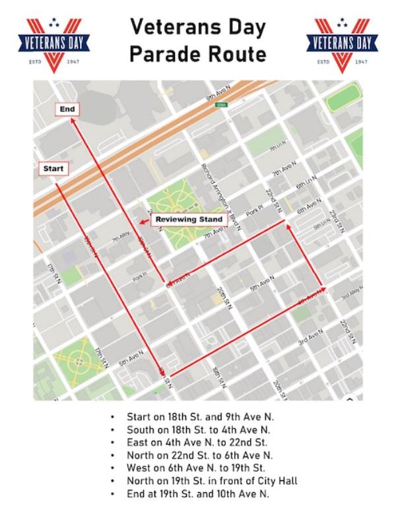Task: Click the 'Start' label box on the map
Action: [x=53, y=169]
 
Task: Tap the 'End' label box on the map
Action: [x=67, y=109]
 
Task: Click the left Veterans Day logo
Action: [x=53, y=44]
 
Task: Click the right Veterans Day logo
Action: [x=342, y=44]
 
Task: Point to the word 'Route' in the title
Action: [x=234, y=54]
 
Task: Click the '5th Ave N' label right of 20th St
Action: [x=261, y=285]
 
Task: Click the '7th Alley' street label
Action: [x=119, y=240]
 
